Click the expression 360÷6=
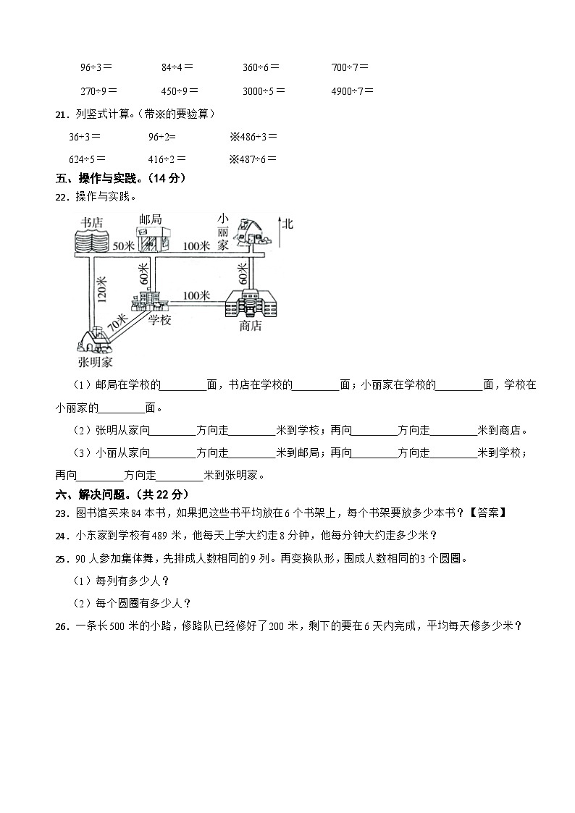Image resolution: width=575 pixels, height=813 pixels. coord(261,67)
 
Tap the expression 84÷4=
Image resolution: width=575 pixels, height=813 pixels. coord(177,67)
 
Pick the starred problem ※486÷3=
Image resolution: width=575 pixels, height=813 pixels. coord(253,136)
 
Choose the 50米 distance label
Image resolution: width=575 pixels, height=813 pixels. coord(124,246)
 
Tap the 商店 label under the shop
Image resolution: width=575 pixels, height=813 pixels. coord(250,327)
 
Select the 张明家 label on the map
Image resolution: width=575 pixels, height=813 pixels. coord(95,361)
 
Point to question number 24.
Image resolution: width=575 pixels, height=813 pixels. coord(61,536)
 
